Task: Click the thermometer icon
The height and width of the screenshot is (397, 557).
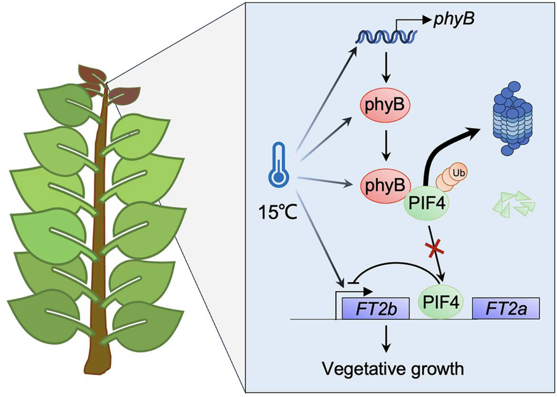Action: click(x=279, y=165)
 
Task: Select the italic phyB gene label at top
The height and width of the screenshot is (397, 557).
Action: click(x=454, y=20)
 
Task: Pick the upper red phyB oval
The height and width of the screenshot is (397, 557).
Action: click(x=385, y=105)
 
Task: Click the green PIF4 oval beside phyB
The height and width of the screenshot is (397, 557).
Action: click(x=427, y=203)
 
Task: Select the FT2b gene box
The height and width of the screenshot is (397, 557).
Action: click(x=376, y=309)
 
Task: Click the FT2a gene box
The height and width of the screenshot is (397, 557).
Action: click(x=506, y=308)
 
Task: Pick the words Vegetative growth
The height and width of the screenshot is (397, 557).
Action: click(x=393, y=369)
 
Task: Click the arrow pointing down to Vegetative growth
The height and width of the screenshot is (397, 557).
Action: click(x=386, y=339)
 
